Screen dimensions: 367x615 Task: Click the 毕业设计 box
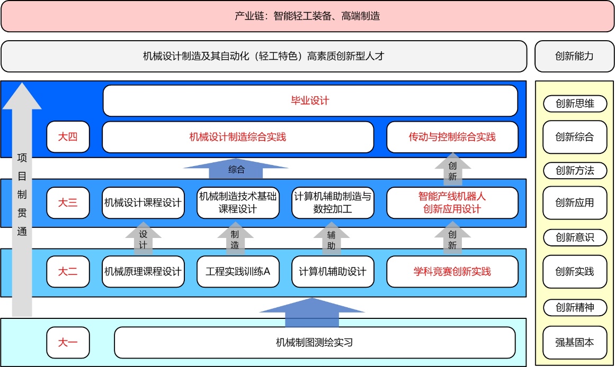coord(310,100)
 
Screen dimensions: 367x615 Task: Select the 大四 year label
coord(68,137)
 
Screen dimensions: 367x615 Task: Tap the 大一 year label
coord(68,342)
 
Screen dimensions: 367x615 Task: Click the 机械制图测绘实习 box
coord(315,342)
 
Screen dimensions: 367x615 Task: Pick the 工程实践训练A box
coord(238,271)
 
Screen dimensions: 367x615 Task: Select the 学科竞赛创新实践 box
coord(452,271)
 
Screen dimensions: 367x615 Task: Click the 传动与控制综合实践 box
coord(452,137)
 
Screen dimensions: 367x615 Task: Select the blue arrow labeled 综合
coord(236,170)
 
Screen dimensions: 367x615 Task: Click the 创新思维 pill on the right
coord(575,104)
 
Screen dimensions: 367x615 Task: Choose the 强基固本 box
coord(575,342)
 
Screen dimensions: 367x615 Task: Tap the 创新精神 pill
coord(575,307)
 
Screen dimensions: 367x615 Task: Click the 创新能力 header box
coord(575,56)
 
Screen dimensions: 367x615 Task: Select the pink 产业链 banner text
coord(307,16)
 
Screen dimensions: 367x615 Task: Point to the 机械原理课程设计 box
coord(143,271)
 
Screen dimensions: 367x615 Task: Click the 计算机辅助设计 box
coord(333,271)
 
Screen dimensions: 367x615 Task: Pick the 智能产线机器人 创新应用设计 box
coord(452,203)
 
